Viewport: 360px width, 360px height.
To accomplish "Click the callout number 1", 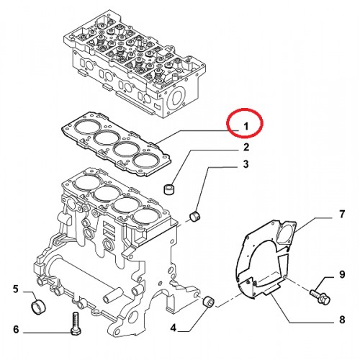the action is [x=246, y=126].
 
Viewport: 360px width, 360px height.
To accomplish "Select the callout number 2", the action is [x=246, y=147].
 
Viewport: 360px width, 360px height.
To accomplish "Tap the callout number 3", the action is [x=246, y=164].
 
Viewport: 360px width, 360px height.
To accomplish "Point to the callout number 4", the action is [x=174, y=328].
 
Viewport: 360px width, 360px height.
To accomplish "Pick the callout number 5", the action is [x=16, y=289].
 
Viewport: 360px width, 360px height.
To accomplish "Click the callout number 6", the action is [x=16, y=329].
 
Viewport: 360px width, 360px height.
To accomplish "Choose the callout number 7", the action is [x=342, y=214].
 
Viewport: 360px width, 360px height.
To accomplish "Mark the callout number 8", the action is [x=342, y=320].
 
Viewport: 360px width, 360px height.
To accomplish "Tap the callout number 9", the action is [x=342, y=274].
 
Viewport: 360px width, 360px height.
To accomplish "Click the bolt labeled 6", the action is [x=76, y=323].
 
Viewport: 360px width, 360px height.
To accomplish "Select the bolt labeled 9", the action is [x=320, y=296].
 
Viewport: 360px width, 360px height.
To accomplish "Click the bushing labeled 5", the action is [x=39, y=307].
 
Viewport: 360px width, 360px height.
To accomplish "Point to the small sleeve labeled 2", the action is [x=168, y=189].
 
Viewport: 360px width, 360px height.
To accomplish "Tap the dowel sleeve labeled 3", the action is [x=195, y=215].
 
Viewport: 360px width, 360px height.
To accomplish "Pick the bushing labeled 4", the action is [x=209, y=302].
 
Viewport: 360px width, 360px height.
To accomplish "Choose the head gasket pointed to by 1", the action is [x=116, y=144].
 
